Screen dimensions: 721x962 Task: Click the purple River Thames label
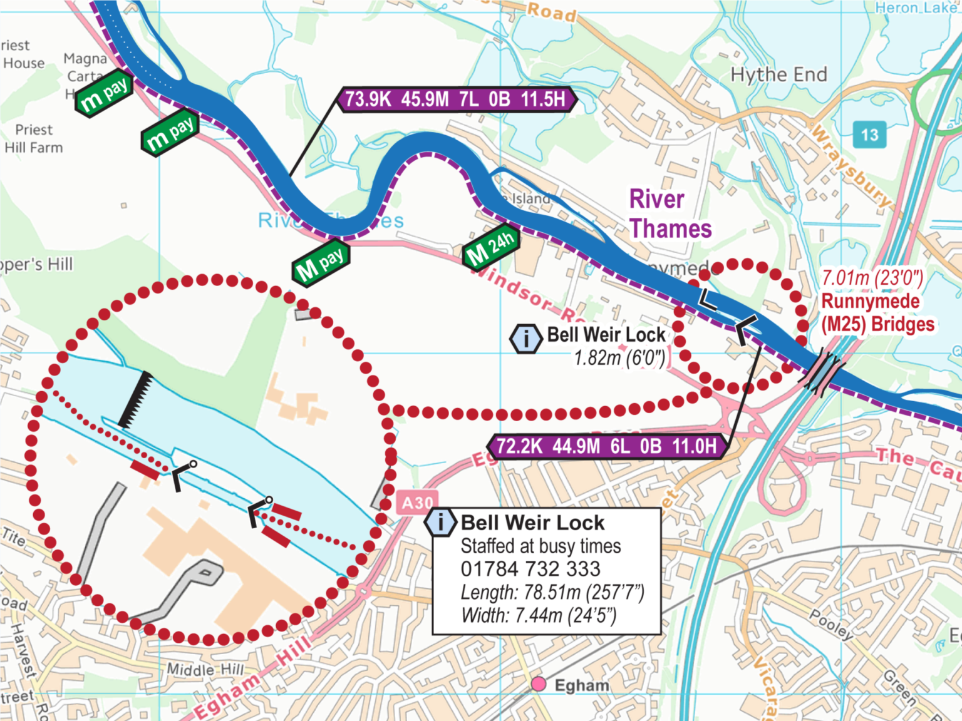tap(670, 214)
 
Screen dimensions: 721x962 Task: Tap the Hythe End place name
tap(778, 74)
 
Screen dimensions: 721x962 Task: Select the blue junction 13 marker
tap(869, 135)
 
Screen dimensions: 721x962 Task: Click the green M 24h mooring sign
tap(491, 246)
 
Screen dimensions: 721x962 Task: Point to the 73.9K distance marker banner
tap(456, 100)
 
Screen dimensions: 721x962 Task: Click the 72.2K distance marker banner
tap(606, 446)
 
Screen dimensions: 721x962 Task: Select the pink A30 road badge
tap(416, 503)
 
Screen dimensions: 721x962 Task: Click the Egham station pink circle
tap(538, 684)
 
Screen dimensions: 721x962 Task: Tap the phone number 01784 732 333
tap(530, 569)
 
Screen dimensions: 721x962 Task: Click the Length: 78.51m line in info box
tap(552, 592)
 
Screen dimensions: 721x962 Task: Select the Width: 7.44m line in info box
tap(539, 616)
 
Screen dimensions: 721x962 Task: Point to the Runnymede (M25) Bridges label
tap(877, 313)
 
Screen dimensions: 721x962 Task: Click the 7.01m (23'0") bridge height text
tap(872, 278)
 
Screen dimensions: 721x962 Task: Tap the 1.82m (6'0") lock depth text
tap(619, 358)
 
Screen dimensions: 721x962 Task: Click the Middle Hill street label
tap(205, 670)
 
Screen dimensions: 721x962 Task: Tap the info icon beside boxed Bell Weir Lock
tap(440, 522)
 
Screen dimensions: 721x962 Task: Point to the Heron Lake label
tap(916, 8)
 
